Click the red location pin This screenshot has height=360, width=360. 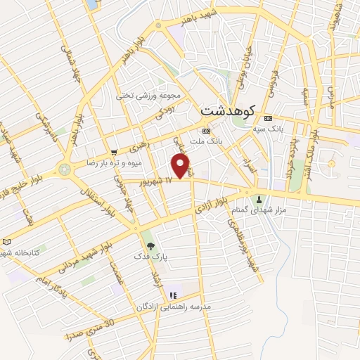tap(181, 166)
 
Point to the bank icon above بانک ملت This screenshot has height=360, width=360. tap(205, 131)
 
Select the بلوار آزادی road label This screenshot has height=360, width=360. tap(212, 205)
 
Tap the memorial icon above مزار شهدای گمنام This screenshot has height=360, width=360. tap(262, 199)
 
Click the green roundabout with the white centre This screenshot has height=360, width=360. tap(65, 169)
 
